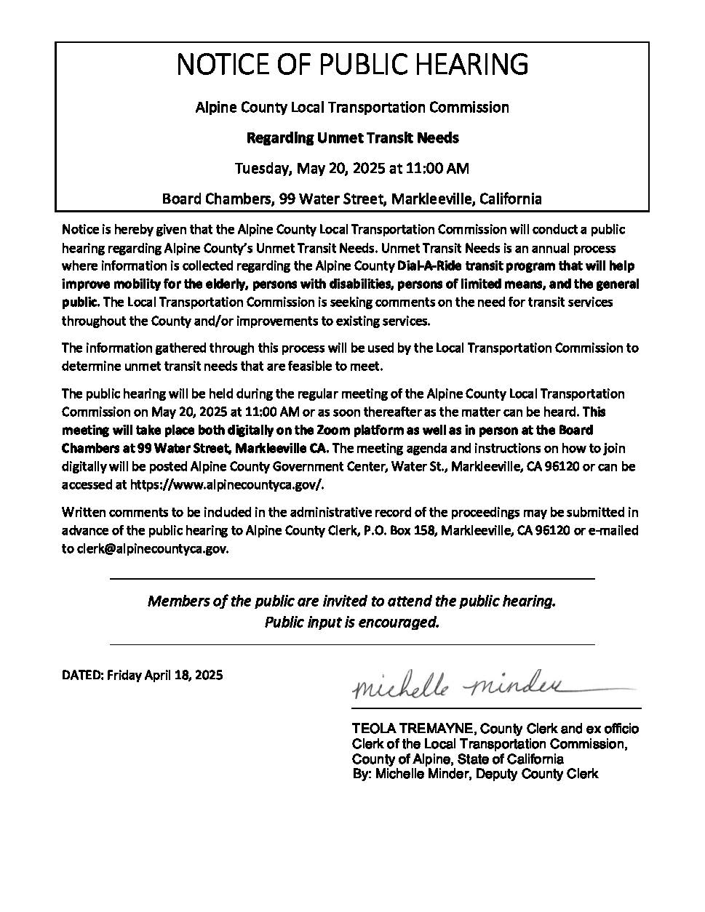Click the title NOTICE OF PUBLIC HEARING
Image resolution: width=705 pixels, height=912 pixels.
(x=352, y=65)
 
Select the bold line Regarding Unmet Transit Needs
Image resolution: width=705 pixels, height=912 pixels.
(x=352, y=137)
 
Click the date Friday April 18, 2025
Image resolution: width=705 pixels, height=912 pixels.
(x=164, y=675)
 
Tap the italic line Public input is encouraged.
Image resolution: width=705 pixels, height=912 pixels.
(x=352, y=623)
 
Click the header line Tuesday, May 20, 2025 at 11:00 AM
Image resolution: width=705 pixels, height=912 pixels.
(x=352, y=169)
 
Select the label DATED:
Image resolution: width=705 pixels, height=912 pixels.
(x=83, y=675)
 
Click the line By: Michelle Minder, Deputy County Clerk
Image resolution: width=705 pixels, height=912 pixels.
(x=474, y=774)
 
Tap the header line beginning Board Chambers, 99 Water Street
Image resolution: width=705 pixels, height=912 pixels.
(x=352, y=199)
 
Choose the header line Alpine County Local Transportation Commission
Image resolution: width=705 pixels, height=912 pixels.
(x=352, y=108)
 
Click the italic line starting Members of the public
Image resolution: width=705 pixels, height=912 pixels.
(x=352, y=601)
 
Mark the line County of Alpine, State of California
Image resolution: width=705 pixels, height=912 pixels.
(x=457, y=759)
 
